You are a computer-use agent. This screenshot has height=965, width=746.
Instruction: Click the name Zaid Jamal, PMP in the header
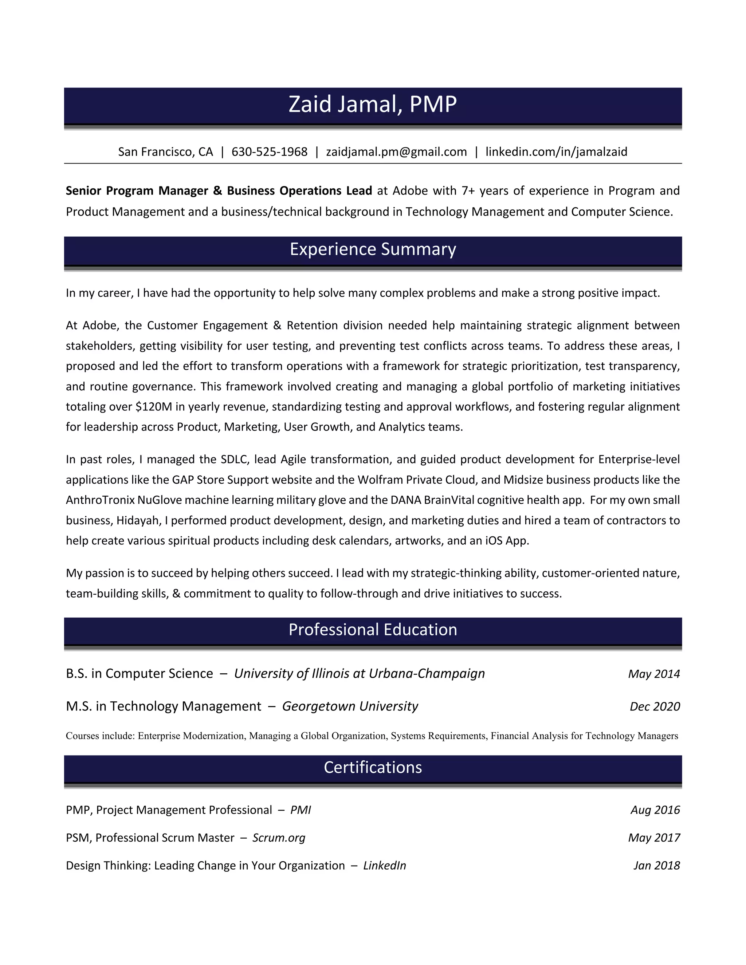[373, 105]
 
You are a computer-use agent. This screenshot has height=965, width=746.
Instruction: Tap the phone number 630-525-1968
[269, 152]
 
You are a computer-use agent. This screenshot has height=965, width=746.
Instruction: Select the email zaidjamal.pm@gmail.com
[396, 152]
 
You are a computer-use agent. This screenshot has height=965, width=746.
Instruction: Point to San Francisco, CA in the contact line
[165, 152]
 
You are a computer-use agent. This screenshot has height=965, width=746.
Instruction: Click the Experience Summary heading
[373, 249]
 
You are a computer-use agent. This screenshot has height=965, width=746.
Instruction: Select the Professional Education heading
[373, 630]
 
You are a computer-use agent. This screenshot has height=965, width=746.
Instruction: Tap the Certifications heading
[373, 768]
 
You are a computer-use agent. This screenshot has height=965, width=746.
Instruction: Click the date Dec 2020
[655, 707]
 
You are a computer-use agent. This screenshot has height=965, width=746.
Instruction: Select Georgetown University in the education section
[350, 706]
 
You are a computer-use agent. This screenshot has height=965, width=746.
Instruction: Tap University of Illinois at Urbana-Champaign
[359, 674]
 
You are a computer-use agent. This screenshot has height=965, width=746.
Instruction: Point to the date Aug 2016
[655, 810]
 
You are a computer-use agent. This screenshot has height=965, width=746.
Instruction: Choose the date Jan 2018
[656, 866]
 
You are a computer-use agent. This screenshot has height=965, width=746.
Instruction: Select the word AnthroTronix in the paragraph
[100, 501]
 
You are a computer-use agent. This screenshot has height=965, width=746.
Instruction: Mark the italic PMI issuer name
[301, 810]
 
